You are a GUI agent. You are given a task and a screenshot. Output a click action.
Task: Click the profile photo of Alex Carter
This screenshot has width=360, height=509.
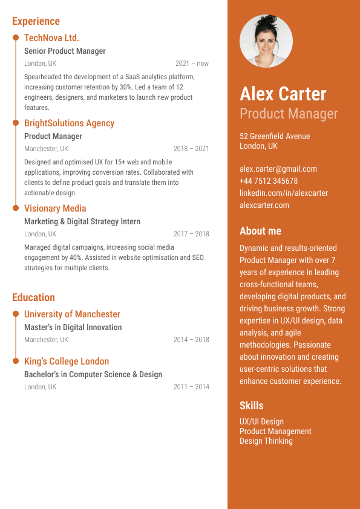tap(266, 41)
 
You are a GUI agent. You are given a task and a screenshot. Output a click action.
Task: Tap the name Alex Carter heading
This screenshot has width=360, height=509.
tap(283, 94)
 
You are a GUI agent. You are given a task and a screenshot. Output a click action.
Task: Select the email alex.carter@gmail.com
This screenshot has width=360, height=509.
tap(278, 169)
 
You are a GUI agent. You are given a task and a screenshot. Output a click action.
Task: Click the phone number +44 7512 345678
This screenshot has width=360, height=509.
tap(269, 181)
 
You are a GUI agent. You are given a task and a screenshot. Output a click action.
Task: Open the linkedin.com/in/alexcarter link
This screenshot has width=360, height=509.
tap(284, 193)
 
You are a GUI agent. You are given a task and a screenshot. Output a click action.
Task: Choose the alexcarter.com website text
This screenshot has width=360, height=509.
tap(264, 205)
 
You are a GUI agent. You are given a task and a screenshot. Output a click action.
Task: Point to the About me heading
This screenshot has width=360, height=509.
tap(260, 231)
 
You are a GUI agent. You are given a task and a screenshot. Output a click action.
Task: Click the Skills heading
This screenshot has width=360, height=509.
tap(252, 406)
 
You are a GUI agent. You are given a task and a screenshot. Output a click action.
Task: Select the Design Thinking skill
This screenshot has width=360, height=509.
tap(266, 441)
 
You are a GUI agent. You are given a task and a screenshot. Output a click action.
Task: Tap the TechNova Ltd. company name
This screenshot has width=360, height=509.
tap(51, 37)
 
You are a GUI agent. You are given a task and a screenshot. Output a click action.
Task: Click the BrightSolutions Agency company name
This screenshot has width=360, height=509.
tap(69, 123)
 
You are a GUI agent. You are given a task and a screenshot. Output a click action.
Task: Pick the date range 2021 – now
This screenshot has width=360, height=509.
tap(192, 63)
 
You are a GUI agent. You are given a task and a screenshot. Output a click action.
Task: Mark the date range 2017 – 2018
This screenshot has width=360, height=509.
tap(191, 234)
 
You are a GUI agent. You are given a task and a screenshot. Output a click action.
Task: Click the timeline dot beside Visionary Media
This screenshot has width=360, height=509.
tap(16, 209)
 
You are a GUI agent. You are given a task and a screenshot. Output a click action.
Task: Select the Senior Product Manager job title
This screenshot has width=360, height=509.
tap(65, 51)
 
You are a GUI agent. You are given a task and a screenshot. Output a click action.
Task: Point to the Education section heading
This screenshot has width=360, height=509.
tap(33, 297)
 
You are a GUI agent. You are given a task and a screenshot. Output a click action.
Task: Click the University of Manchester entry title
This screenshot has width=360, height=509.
tap(72, 314)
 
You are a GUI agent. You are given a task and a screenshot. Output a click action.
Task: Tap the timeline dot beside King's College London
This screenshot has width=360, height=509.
tap(16, 361)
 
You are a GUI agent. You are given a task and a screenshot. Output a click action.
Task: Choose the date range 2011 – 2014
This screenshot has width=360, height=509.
tap(191, 387)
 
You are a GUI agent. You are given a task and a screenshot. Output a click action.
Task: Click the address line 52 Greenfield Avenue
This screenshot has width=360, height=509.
tap(275, 136)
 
